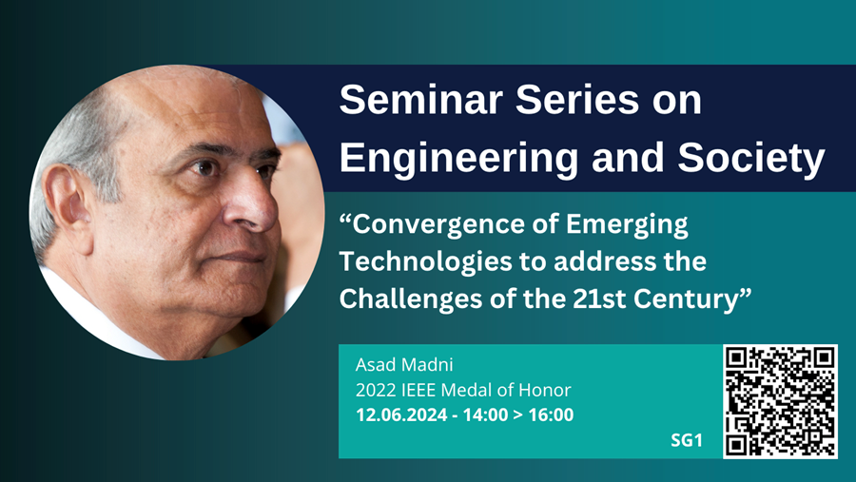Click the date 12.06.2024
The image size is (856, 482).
[x=398, y=415]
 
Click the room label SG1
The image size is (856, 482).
[x=687, y=441]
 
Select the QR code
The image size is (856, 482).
[x=780, y=401]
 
